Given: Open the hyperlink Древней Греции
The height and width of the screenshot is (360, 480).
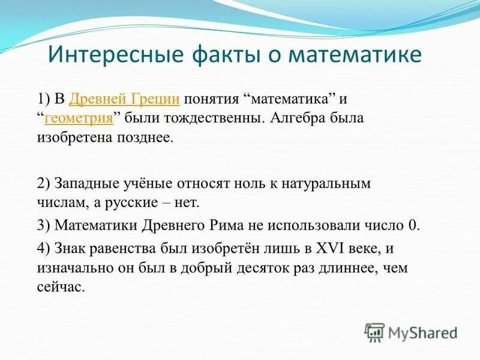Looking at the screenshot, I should pos(125,99).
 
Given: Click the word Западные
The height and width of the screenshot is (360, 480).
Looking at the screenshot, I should pos(82,183).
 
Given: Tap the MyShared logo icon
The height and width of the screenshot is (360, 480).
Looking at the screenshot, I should pos(374,332).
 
